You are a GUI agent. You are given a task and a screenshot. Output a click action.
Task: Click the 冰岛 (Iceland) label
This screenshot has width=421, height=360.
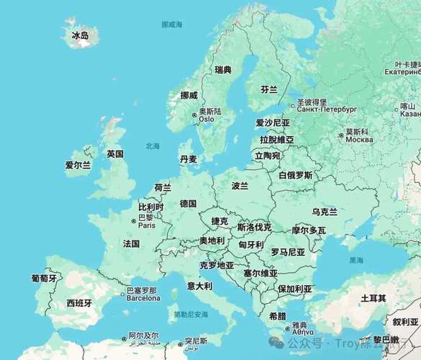[x=80, y=35]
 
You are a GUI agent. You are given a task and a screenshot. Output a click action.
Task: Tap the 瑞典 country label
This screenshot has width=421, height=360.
[x=223, y=70]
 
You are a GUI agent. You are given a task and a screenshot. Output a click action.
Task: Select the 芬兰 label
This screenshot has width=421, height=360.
[x=269, y=89]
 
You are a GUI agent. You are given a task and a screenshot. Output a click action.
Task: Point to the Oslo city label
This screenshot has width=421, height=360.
[x=207, y=120]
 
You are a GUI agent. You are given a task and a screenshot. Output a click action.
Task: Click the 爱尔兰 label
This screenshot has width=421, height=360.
[x=78, y=165]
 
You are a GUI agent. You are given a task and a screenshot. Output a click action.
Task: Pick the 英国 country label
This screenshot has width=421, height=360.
[x=115, y=153]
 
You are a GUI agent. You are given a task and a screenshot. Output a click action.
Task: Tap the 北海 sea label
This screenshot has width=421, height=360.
[x=153, y=145]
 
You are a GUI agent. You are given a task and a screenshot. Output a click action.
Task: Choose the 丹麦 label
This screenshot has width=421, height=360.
[x=189, y=159]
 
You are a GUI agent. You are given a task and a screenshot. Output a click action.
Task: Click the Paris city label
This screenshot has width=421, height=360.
[x=147, y=225]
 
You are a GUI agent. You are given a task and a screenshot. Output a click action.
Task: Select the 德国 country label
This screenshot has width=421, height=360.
[x=189, y=204]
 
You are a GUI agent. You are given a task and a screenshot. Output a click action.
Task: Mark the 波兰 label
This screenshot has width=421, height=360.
[x=240, y=185]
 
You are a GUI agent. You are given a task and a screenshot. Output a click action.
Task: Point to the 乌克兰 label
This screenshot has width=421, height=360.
[x=324, y=212]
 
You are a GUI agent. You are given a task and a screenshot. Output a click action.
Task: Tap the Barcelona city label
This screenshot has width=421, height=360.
[x=143, y=297]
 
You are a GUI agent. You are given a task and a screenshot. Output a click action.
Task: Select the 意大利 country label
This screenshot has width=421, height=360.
[x=199, y=286]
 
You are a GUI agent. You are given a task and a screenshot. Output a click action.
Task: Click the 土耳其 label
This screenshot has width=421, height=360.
[x=373, y=298]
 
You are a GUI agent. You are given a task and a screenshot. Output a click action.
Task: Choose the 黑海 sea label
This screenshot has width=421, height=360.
[x=356, y=260]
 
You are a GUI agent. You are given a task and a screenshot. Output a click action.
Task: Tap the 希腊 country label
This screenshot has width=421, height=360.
[x=277, y=316]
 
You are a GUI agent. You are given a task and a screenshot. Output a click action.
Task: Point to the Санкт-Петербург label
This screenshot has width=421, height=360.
[x=327, y=110]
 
